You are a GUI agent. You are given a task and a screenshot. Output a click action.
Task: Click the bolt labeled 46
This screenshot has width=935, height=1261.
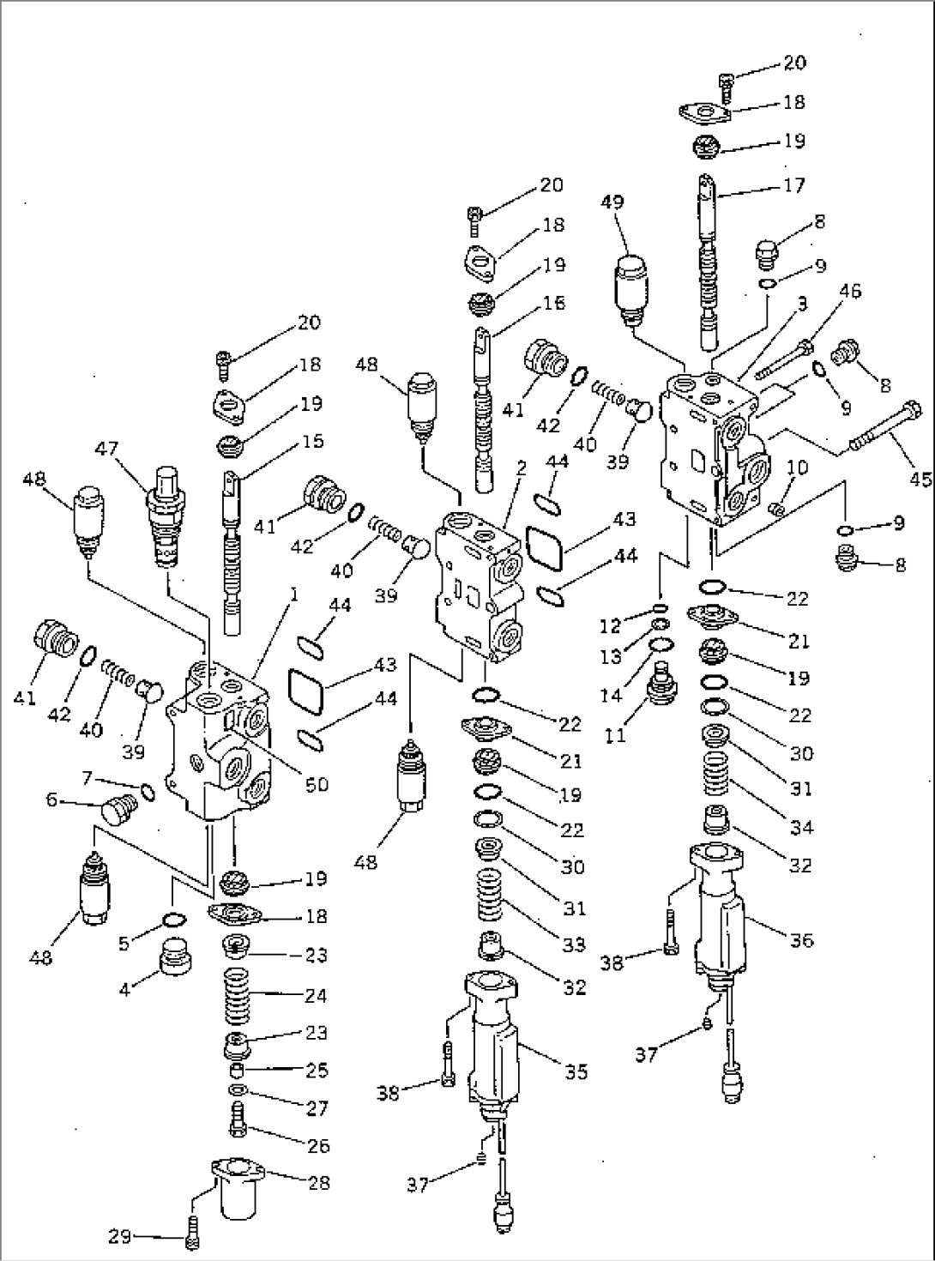[782, 358]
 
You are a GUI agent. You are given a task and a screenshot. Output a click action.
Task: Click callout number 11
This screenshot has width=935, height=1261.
[617, 734]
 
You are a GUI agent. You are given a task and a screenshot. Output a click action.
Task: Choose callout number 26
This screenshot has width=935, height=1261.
[317, 1145]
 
